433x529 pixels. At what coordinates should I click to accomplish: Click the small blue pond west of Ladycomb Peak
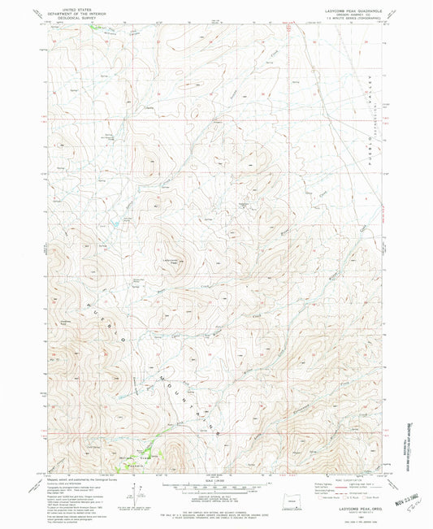[x=127, y=220]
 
